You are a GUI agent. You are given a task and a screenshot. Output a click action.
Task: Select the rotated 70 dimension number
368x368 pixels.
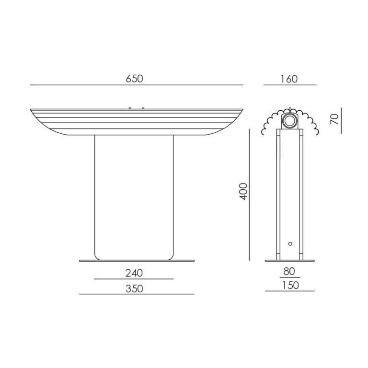(x=335, y=118)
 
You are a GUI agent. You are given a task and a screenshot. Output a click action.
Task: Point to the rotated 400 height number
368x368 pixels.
(x=243, y=191)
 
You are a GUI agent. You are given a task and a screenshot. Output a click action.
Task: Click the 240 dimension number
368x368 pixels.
(x=134, y=273)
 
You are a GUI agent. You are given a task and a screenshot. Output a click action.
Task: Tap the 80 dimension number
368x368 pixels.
(x=289, y=271)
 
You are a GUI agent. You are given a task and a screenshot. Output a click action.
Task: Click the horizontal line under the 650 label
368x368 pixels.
(x=136, y=85)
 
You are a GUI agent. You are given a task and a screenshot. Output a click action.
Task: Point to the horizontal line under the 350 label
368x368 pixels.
(x=137, y=294)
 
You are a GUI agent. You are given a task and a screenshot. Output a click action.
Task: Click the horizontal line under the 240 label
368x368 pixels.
(x=134, y=279)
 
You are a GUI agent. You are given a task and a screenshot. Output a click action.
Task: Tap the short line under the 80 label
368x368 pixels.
(x=289, y=277)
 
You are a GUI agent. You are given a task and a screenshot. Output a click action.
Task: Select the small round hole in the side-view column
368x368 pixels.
(x=289, y=244)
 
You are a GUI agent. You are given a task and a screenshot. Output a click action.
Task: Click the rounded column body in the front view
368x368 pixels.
(x=134, y=196)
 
